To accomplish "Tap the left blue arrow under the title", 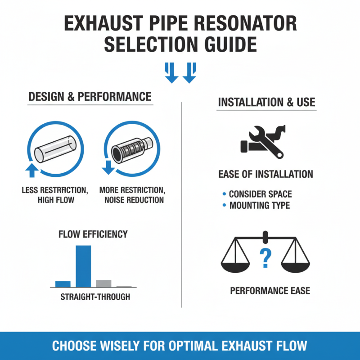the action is [171, 73].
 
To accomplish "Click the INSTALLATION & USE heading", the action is [266, 102].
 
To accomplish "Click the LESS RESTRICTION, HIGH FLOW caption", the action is [55, 195].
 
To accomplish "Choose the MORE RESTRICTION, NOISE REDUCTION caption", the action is [132, 195].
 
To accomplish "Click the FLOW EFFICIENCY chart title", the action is [93, 234].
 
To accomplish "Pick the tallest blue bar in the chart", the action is [83, 266].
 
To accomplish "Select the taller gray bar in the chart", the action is [103, 283].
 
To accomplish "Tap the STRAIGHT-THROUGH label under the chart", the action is [95, 297].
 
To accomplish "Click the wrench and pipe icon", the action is [265, 142].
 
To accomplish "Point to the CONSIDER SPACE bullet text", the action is [260, 194].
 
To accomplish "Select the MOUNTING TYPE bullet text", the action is [260, 206].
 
